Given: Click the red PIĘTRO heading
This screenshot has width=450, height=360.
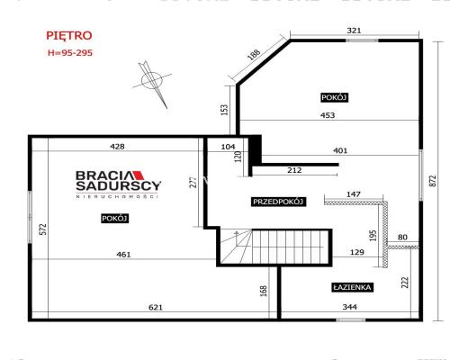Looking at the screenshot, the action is tap(69, 36).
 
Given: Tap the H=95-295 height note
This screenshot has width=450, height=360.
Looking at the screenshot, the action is tap(70, 53).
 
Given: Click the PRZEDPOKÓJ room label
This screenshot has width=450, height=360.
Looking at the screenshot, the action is tap(278, 202).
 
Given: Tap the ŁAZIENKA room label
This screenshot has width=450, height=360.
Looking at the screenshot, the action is tap(353, 287).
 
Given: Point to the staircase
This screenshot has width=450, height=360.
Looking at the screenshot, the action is tap(274, 247).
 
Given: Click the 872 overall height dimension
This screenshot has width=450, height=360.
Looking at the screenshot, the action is tap(433, 181).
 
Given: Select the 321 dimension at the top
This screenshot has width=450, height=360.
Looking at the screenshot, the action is tap(354, 31).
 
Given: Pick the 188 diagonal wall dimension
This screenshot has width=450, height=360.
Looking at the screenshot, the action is tap(255, 55).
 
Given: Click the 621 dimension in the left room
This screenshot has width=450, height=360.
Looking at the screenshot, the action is tap(156, 307).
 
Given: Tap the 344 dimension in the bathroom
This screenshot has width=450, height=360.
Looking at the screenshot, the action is tap(350, 307).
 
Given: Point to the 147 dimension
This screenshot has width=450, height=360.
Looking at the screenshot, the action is tap(354, 194).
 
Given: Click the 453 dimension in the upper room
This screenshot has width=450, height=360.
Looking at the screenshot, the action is tap(328, 115).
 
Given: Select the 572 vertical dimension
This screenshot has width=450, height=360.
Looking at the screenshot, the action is tap(43, 229).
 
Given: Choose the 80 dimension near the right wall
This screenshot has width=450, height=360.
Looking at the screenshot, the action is tap(402, 237).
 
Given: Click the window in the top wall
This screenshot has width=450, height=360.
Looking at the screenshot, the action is tap(362, 40).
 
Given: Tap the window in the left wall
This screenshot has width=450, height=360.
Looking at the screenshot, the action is tap(30, 217).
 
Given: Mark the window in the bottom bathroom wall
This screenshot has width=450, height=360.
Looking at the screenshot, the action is tap(351, 319).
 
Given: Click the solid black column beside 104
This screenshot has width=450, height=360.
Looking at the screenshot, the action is tap(255, 148).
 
